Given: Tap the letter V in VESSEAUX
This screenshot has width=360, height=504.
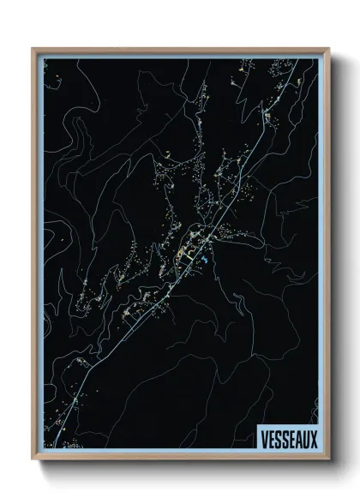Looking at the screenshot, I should [x=261, y=437].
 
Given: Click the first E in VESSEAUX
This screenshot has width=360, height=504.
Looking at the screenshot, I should [x=269, y=437].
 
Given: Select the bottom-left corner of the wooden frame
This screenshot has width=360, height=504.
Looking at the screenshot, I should [x=33, y=457].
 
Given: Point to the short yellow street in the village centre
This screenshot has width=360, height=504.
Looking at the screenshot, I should [x=183, y=255].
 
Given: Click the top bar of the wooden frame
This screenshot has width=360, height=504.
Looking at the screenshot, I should [x=180, y=50].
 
